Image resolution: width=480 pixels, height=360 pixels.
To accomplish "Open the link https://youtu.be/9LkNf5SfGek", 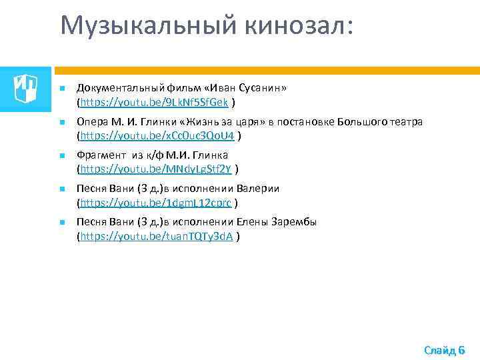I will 155,103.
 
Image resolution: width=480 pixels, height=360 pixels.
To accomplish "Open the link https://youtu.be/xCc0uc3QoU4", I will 158,136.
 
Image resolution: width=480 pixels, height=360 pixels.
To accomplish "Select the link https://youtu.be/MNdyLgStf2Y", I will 157,169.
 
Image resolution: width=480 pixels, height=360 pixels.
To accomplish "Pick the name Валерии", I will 259,189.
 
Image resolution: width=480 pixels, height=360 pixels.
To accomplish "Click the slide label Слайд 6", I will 444,349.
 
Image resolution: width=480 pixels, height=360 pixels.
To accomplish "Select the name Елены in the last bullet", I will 252,222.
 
